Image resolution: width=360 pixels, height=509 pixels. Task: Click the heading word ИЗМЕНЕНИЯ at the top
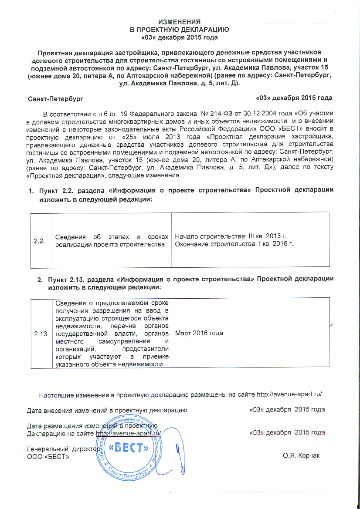(x=179, y=22)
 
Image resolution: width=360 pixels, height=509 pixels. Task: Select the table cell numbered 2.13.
(x=42, y=333)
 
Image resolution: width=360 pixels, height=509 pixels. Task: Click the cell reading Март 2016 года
(x=199, y=333)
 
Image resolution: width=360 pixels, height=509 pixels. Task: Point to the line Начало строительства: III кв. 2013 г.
(x=230, y=236)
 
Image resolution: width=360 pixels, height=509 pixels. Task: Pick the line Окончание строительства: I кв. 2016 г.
(x=234, y=244)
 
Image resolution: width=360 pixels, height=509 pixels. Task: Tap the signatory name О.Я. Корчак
(x=301, y=455)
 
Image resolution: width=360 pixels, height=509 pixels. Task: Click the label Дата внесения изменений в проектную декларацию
(x=107, y=410)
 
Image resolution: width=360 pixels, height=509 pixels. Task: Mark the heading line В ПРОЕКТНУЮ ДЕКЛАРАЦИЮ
(x=180, y=30)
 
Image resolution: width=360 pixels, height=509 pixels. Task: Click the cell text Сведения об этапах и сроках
(x=112, y=236)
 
